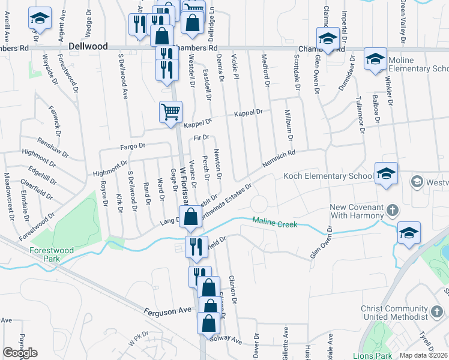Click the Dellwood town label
(x=88, y=46)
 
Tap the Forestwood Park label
(x=53, y=254)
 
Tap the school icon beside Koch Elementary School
(x=387, y=173)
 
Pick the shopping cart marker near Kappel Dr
(x=170, y=112)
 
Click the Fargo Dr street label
(x=133, y=146)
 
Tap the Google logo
(x=20, y=353)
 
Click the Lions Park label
(x=374, y=356)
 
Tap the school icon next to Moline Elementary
(x=375, y=60)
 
